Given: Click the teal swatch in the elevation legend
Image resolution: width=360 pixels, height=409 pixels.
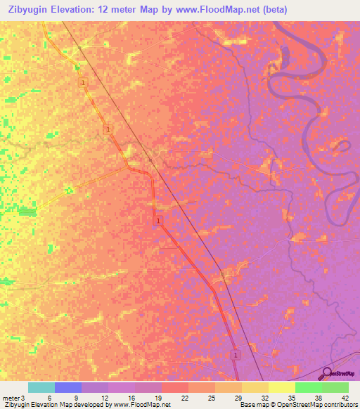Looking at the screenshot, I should (x=41, y=387).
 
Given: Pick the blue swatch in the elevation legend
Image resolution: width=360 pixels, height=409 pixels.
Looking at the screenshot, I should (x=68, y=387).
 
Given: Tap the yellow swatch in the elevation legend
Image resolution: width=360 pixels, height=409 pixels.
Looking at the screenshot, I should (x=282, y=387).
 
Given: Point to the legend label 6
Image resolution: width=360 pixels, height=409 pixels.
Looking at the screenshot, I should (x=50, y=398).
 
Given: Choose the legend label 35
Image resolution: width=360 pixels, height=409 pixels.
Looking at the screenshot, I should (x=290, y=398).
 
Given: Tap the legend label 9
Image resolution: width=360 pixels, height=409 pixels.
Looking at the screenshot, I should (x=77, y=398).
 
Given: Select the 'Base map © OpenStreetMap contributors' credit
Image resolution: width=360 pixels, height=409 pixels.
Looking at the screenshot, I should (x=297, y=405).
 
